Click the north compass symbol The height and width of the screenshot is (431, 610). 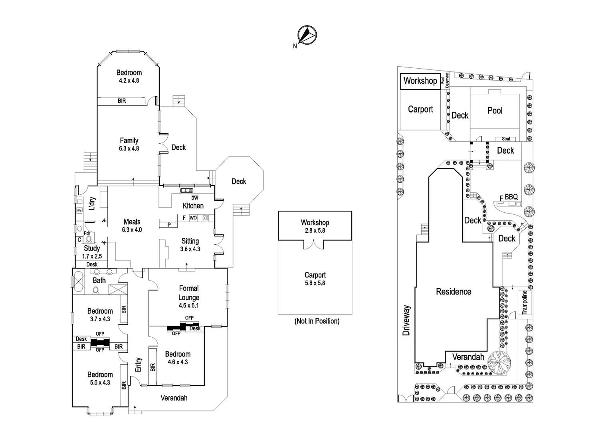[x=307, y=35]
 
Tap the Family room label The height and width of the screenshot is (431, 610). [x=129, y=140]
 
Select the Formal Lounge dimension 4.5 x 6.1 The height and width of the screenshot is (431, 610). [x=188, y=306]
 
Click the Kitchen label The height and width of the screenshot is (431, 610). [x=193, y=206]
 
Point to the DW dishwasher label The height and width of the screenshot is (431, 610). [x=194, y=198]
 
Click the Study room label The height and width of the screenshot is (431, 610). [x=92, y=248]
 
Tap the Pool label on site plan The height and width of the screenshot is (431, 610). [x=495, y=111]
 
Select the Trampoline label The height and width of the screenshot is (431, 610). [x=525, y=302]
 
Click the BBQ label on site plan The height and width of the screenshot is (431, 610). [x=511, y=197]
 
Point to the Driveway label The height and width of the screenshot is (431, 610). [x=406, y=320]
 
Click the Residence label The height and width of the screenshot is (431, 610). [x=454, y=292]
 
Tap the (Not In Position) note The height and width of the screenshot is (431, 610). [x=317, y=321]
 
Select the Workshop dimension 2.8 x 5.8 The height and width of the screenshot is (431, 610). [x=315, y=231]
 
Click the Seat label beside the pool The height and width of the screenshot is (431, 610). [x=506, y=139]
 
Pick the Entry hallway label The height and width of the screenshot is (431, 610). [x=138, y=364]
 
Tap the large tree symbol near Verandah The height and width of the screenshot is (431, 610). [x=499, y=362]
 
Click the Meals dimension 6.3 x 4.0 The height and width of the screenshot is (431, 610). [x=132, y=230]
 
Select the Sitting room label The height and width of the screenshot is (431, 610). [x=190, y=241]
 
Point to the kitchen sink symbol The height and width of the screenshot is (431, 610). [x=186, y=190]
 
